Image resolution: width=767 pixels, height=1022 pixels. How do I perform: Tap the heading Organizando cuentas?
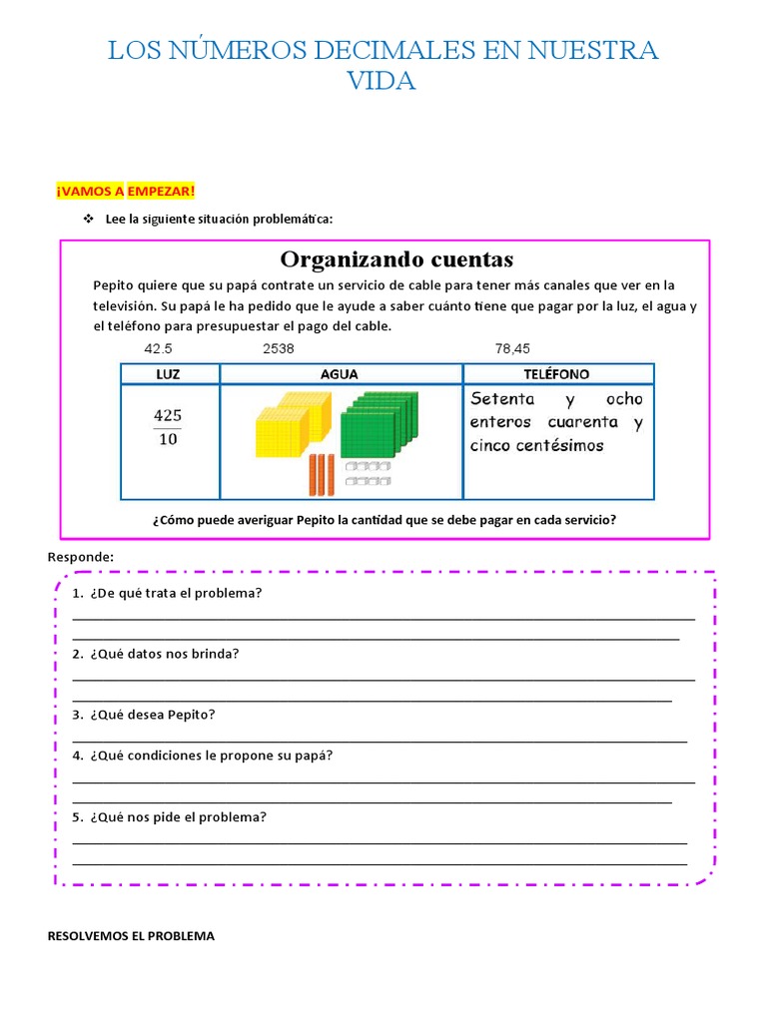point(396,260)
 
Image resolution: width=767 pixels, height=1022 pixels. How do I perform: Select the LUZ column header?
point(169,374)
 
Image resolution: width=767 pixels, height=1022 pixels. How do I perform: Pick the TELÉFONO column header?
point(556,374)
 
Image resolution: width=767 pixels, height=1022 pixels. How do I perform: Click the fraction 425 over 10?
point(168,426)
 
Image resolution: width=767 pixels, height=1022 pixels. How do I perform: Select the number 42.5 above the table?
point(158,349)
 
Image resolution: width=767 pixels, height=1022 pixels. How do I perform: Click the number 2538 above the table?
point(279,349)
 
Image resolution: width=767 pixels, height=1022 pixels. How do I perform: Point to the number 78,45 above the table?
point(512,349)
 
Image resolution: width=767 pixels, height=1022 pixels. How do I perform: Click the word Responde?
point(81,556)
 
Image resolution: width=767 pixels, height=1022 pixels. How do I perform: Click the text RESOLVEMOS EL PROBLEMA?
point(131,937)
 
